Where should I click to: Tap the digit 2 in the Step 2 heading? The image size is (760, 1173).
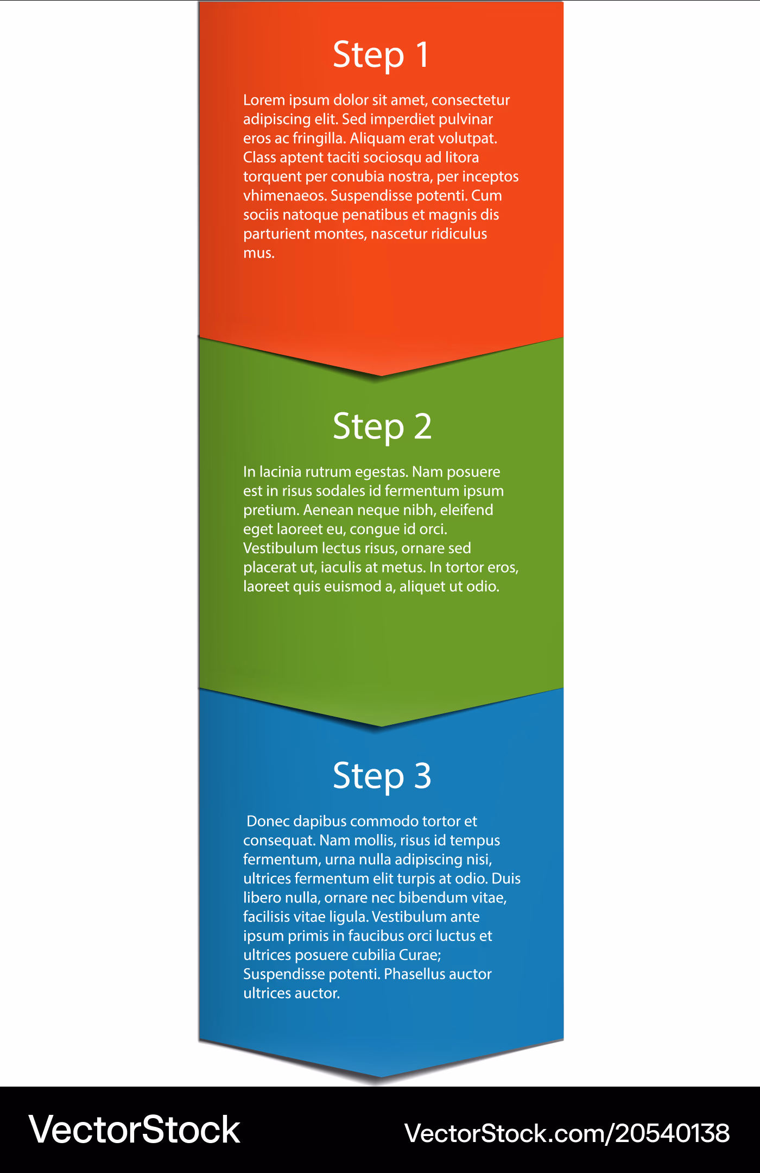(423, 426)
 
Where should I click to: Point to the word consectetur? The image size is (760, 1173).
(471, 100)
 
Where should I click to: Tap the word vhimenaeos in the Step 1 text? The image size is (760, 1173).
(285, 196)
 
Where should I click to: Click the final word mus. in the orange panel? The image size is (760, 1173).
(259, 253)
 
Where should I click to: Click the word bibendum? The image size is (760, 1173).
(435, 898)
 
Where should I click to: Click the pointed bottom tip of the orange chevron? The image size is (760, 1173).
(381, 375)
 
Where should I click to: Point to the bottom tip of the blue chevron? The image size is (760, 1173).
(381, 1076)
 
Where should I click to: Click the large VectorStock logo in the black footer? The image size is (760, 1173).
(135, 1130)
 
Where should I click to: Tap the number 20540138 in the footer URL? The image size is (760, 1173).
(672, 1133)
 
